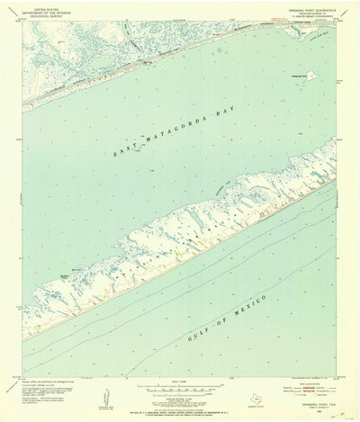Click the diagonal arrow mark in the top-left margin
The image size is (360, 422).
(x=27, y=29)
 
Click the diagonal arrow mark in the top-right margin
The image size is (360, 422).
(x=335, y=29)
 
